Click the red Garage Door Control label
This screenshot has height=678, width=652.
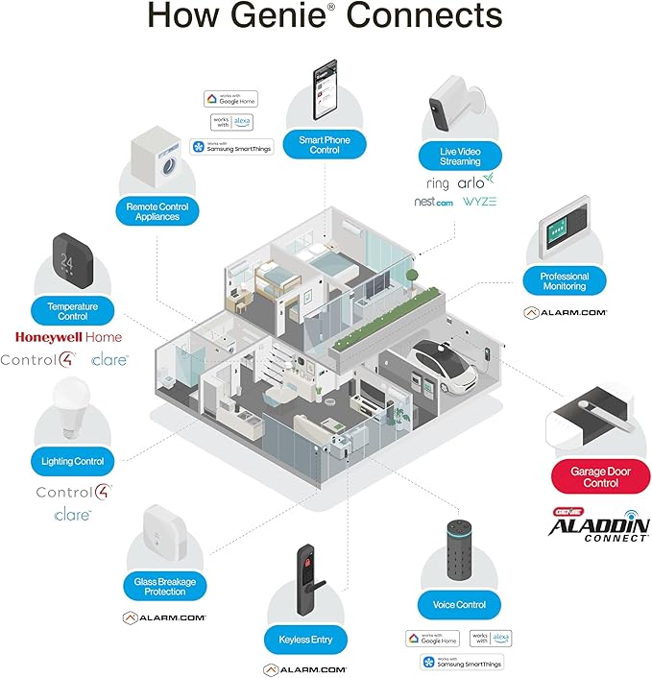pos(600,476)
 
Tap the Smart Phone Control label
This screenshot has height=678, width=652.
pos(325,145)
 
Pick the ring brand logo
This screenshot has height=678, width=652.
pos(438,182)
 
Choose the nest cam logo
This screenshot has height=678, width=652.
pos(433,203)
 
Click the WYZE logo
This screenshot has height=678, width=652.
pos(479,203)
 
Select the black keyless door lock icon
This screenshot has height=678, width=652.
pos(304,585)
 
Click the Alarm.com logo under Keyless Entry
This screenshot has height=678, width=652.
pos(304,668)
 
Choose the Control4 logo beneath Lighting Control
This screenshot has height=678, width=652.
pos(73,492)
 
